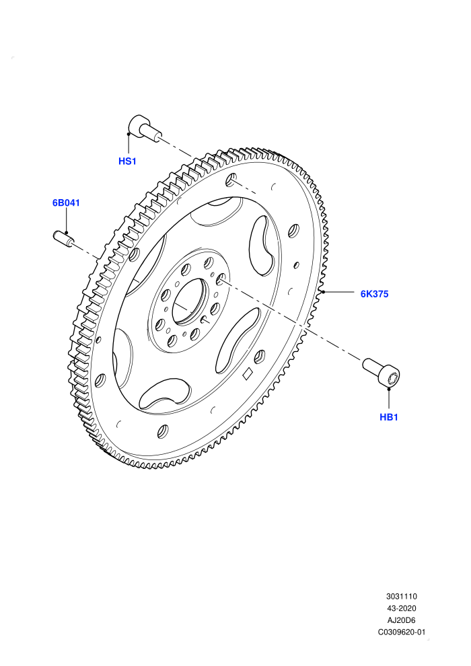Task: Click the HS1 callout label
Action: click(127, 161)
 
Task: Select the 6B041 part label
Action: click(66, 202)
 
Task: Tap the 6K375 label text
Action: click(374, 294)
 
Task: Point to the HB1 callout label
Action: click(389, 417)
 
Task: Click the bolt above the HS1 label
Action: click(144, 127)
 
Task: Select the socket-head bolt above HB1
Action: click(382, 373)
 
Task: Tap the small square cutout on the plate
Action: click(247, 373)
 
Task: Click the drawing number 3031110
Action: click(401, 596)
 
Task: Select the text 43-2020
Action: click(401, 608)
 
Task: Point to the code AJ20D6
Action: click(401, 620)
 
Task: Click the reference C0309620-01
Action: click(401, 632)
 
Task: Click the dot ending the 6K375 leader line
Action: click(323, 292)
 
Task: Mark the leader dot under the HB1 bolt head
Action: click(389, 387)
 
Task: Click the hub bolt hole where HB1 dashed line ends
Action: click(221, 279)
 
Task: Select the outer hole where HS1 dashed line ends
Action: click(231, 180)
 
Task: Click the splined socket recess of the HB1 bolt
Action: click(393, 377)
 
